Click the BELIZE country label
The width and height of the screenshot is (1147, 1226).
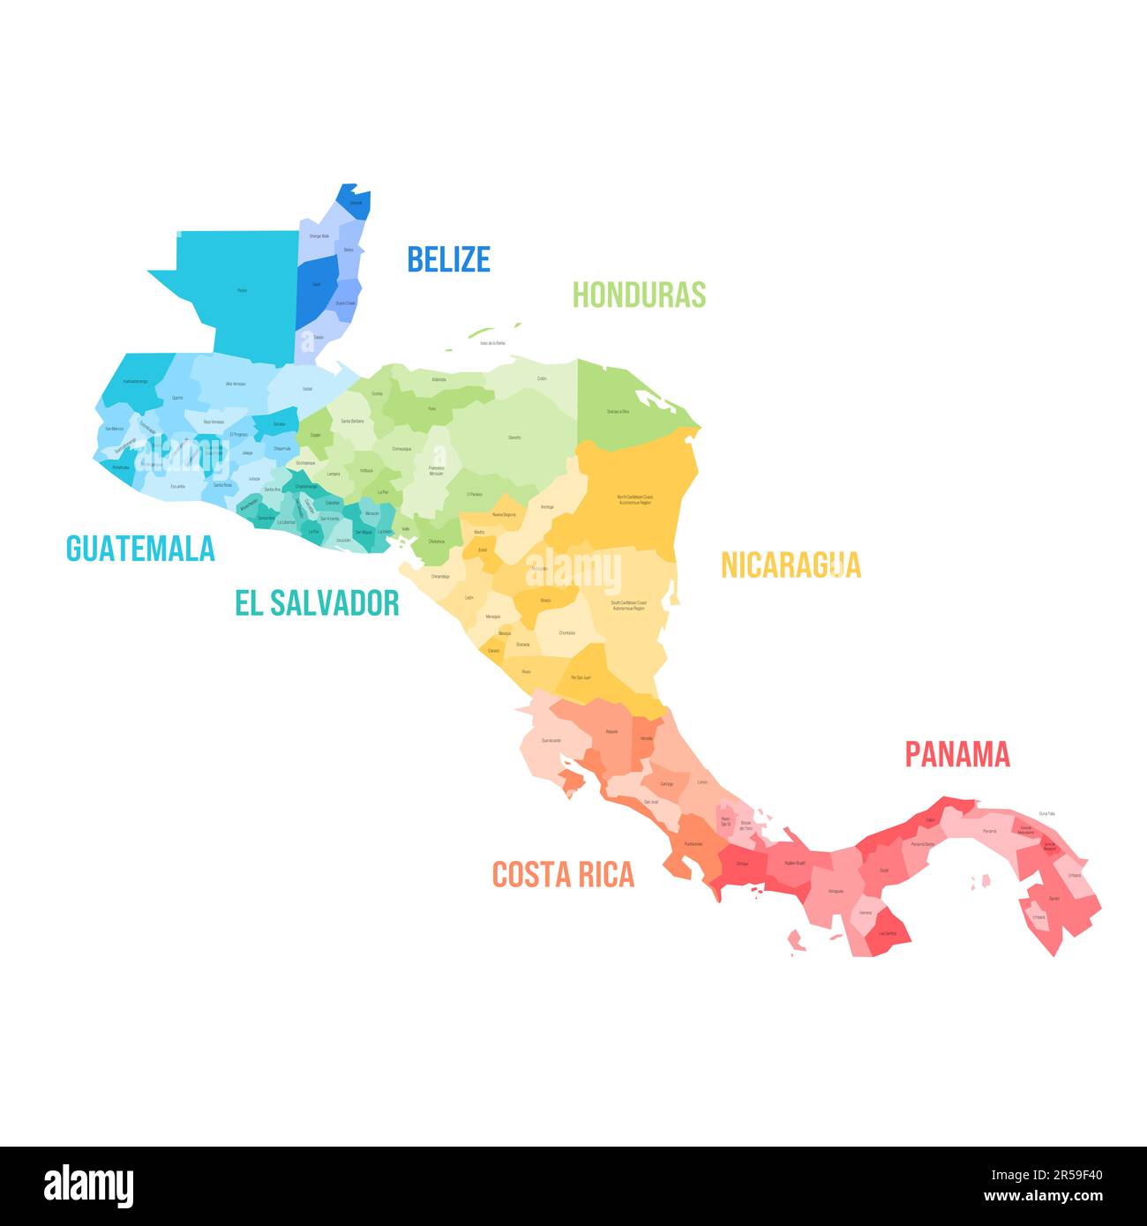coord(448,258)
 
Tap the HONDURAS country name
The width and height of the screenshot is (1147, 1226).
coord(639,294)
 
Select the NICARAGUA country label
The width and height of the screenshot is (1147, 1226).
coord(791,564)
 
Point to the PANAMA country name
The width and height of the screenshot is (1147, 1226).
coord(957,754)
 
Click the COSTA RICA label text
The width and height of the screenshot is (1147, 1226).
coord(563,874)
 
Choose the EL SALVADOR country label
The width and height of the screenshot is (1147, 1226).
coord(317,603)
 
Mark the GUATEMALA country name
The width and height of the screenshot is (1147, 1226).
coord(140,549)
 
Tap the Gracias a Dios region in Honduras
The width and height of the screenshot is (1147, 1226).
coord(618,412)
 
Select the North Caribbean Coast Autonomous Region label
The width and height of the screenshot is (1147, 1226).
coord(635,499)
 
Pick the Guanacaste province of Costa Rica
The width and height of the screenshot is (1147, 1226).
coord(551,740)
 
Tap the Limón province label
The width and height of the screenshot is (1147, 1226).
coord(702,782)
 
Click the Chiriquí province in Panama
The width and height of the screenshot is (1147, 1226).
coord(741,863)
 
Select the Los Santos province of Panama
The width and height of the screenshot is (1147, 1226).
coord(888,932)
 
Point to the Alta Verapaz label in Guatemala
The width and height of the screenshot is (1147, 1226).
coord(236,384)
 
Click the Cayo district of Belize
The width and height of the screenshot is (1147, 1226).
coord(316,284)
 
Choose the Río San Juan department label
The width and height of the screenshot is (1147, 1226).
coord(581,677)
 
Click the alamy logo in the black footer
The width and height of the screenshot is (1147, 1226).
coord(88,1186)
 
